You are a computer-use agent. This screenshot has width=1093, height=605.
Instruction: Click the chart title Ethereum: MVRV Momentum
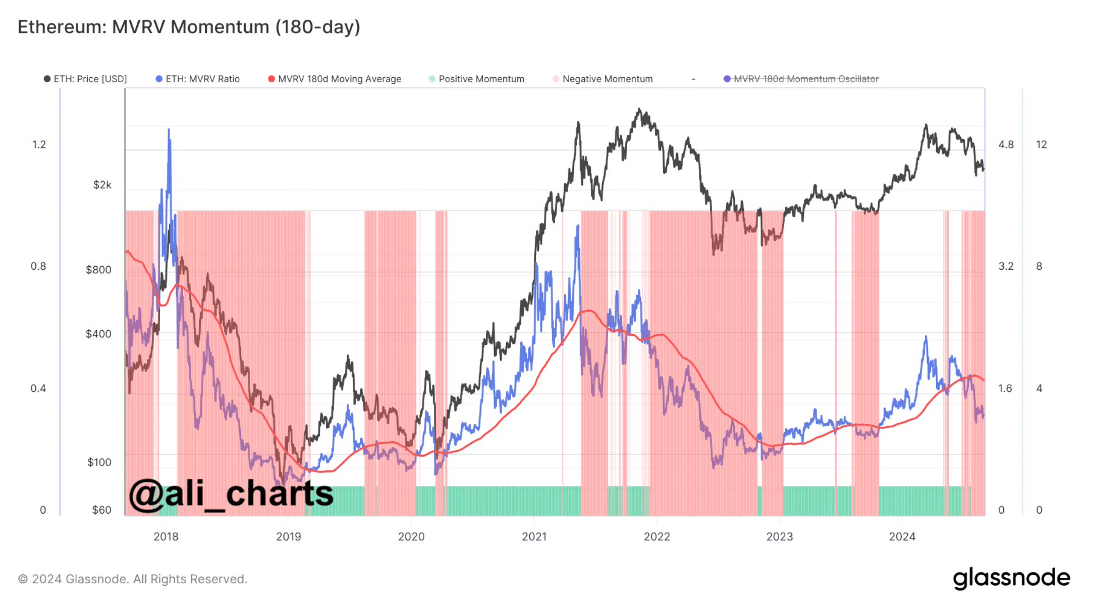click(x=189, y=27)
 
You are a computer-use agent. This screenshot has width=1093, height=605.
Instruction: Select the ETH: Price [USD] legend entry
click(x=85, y=79)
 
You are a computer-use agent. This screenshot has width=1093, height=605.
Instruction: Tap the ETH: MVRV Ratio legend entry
click(x=198, y=79)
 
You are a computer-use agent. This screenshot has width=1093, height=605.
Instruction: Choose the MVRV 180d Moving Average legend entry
click(x=335, y=79)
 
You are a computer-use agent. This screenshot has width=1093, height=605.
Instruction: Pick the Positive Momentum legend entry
click(x=476, y=79)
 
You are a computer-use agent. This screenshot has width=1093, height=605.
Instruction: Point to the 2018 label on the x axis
click(x=166, y=536)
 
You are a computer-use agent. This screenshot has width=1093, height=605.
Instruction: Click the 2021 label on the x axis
click(x=534, y=536)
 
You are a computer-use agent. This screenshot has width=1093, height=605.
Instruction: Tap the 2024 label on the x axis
click(x=902, y=536)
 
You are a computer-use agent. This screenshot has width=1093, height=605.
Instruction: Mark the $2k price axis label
click(x=102, y=185)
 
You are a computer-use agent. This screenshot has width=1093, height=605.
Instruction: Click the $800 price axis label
click(x=98, y=270)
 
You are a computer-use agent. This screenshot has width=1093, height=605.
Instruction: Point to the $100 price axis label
click(x=99, y=462)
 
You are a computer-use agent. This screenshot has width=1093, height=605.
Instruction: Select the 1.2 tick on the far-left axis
click(x=39, y=144)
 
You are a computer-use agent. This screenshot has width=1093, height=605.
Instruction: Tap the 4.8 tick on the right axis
click(x=1006, y=144)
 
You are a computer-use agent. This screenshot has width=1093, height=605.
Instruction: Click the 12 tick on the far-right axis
click(x=1041, y=144)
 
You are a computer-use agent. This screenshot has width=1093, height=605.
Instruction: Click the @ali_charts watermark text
click(x=231, y=493)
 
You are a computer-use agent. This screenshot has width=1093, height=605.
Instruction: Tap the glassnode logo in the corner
click(x=1011, y=578)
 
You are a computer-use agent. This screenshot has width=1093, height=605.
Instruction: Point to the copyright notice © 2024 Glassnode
click(x=132, y=579)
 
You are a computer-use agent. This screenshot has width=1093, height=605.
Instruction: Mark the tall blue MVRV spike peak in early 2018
click(x=169, y=130)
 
